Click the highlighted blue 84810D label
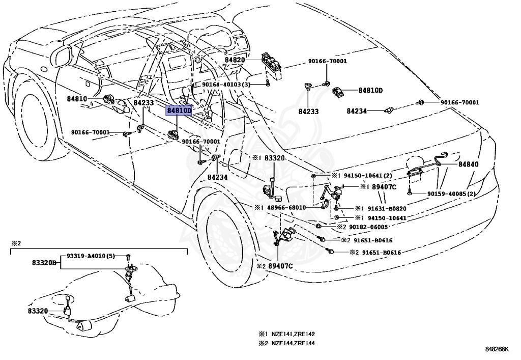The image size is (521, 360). [x=179, y=110]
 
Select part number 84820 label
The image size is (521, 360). [x=235, y=60]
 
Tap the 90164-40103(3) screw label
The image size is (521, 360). [x=226, y=85]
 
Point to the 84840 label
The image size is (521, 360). [x=468, y=164]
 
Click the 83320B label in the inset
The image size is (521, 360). [x=45, y=264]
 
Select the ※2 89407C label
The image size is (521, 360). [x=279, y=266]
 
